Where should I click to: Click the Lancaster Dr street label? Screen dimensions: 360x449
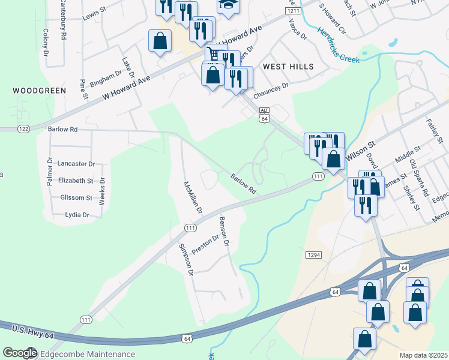(76, 163)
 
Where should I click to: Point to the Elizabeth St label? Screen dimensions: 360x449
(76, 180)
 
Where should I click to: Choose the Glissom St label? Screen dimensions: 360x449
(76, 197)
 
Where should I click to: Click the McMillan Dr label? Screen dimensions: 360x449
(192, 198)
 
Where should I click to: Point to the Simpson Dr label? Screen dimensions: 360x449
(185, 259)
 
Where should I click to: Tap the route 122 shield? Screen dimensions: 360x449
(24, 129)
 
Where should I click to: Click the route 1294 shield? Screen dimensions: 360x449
(314, 255)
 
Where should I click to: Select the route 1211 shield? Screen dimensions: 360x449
(294, 11)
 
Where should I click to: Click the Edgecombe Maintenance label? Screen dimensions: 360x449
(88, 354)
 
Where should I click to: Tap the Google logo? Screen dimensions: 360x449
(20, 353)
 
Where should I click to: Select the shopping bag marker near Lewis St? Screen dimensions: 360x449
(160, 41)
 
